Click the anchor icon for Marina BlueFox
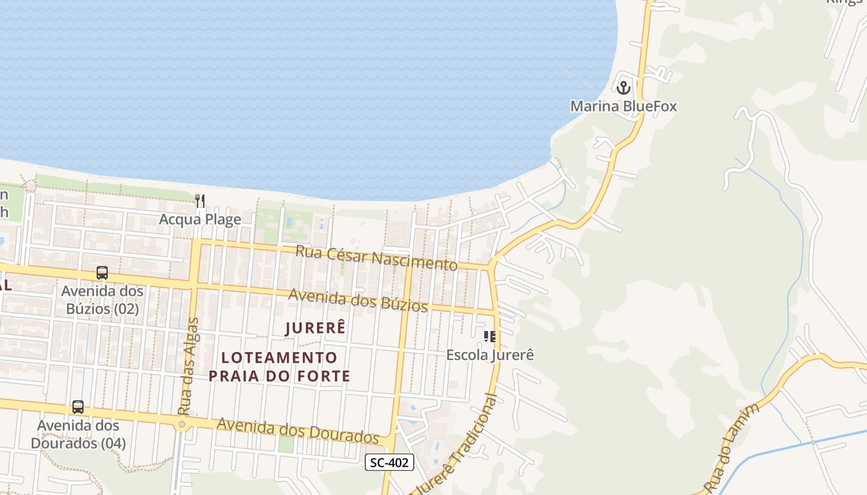623,87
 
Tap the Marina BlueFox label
623,106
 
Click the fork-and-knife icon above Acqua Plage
200,200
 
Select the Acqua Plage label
200,219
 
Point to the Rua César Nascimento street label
376,257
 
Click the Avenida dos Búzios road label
358,300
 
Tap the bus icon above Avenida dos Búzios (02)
102,273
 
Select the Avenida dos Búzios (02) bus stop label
102,299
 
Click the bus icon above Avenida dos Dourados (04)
78,407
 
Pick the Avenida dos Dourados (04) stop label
78,434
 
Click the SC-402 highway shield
389,462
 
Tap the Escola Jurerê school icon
490,337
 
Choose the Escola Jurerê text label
490,355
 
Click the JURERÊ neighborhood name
315,328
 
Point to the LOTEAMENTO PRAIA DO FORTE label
279,366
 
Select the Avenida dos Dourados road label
297,430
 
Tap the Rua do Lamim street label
732,445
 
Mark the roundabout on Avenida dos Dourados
181,424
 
